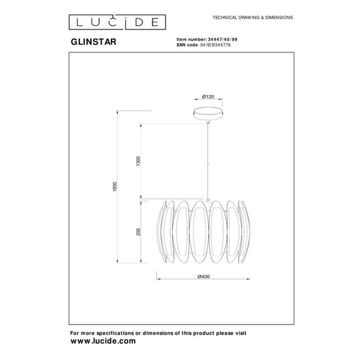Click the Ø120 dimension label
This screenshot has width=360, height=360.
tap(208, 97)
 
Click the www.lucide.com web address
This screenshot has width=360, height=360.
tap(103, 341)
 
